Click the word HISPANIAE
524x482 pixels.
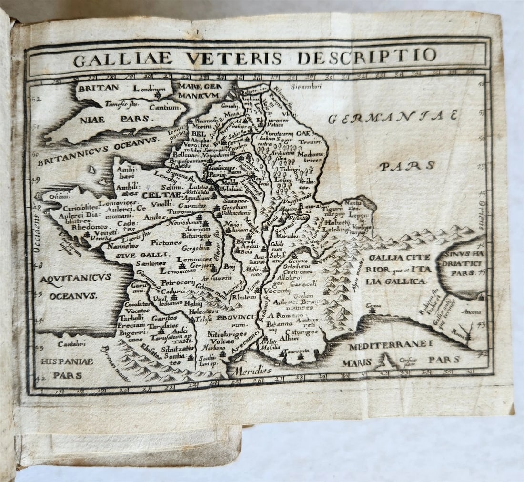click(67, 361)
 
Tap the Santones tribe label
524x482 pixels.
click(151, 263)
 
